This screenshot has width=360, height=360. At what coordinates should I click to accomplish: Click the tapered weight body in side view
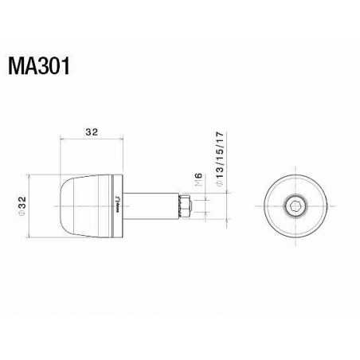[88, 205]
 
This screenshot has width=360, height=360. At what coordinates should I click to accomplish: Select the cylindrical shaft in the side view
[151, 205]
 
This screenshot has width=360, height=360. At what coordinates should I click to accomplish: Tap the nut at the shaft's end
[184, 205]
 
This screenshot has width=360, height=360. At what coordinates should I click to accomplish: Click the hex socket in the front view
[295, 205]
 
